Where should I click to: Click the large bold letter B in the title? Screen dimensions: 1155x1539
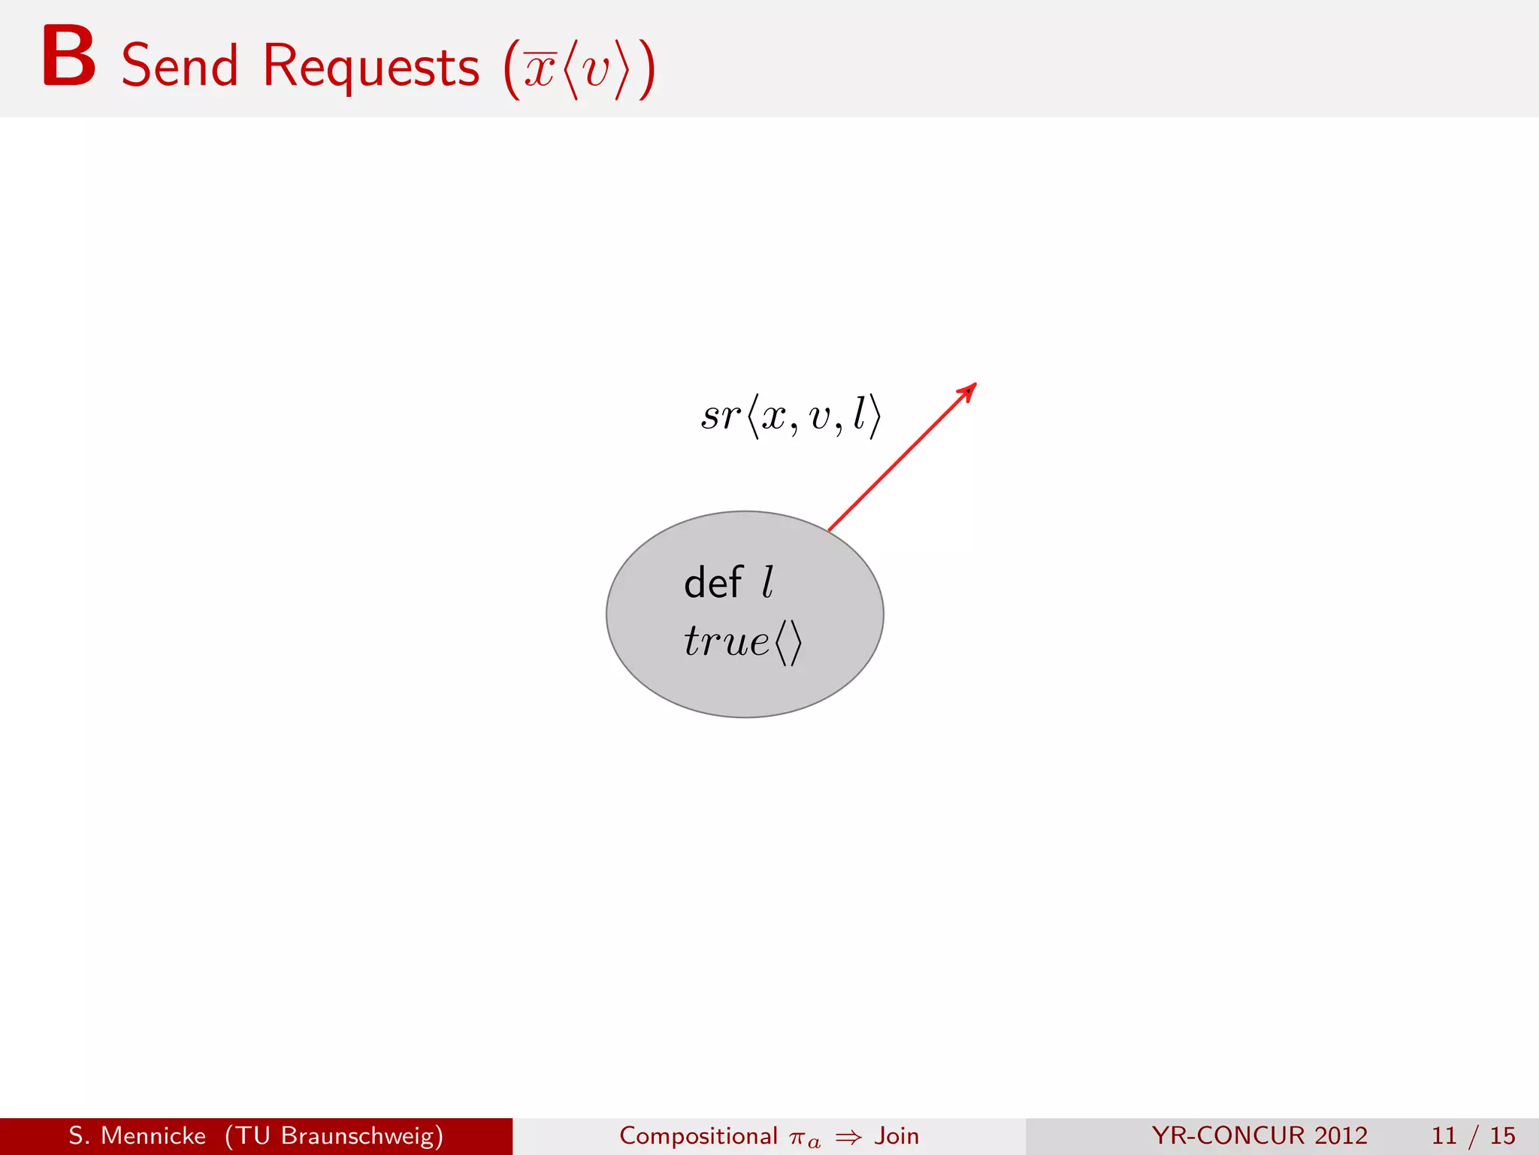pyautogui.click(x=68, y=57)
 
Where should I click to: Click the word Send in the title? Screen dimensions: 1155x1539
pyautogui.click(x=180, y=66)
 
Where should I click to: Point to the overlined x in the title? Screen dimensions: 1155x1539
pyautogui.click(x=540, y=70)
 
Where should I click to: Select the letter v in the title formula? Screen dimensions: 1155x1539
pyautogui.click(x=596, y=71)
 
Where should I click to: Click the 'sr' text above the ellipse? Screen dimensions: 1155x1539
pyautogui.click(x=720, y=416)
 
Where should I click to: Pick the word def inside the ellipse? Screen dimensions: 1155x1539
pyautogui.click(x=712, y=583)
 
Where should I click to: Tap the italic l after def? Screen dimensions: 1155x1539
pyautogui.click(x=767, y=583)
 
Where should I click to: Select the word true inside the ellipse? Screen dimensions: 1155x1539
pyautogui.click(x=726, y=641)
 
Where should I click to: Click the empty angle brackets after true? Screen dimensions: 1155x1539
pyautogui.click(x=788, y=643)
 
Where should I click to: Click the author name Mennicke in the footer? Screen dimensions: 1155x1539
pyautogui.click(x=153, y=1135)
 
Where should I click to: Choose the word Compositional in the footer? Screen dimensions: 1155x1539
pyautogui.click(x=698, y=1135)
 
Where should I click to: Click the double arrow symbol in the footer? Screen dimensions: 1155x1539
pyautogui.click(x=848, y=1137)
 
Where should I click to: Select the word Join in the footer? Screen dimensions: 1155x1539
pyautogui.click(x=896, y=1135)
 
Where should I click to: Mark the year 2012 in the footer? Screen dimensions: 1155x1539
pyautogui.click(x=1341, y=1135)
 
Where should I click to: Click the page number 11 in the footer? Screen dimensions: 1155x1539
pyautogui.click(x=1444, y=1135)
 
